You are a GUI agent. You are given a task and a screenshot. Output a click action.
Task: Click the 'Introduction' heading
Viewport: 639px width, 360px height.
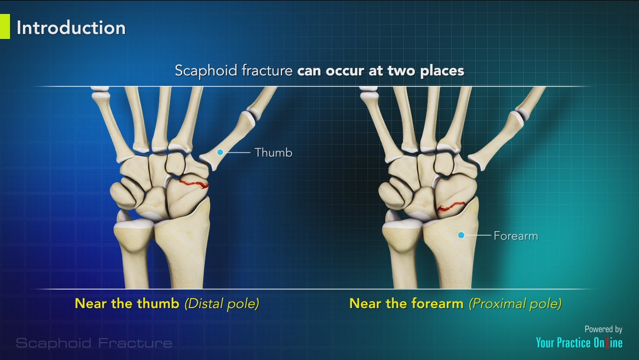[71, 27]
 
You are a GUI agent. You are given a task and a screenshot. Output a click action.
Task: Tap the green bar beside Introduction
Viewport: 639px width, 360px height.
[4, 26]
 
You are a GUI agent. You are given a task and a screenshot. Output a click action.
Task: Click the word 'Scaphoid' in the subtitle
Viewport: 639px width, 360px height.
[207, 70]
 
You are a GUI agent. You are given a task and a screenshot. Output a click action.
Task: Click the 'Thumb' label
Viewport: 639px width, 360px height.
[273, 152]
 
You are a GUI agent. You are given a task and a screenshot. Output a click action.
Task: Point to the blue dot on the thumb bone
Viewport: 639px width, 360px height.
[220, 152]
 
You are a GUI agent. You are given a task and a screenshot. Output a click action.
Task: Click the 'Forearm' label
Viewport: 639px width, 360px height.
[516, 235]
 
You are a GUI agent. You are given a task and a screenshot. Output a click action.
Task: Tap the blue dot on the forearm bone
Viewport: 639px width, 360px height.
[461, 235]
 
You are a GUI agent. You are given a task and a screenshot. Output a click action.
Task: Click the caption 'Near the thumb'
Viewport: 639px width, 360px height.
[127, 303]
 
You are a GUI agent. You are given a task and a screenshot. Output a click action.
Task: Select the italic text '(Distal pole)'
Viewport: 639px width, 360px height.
[222, 303]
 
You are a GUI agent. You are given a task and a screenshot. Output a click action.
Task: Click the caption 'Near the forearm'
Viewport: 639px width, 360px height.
[406, 303]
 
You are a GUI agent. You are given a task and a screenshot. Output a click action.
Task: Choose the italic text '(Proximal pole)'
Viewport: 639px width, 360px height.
[515, 303]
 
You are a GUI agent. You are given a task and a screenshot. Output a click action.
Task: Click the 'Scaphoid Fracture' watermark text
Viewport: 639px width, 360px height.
[94, 343]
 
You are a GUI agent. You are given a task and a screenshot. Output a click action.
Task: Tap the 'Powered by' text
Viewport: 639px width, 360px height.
[603, 329]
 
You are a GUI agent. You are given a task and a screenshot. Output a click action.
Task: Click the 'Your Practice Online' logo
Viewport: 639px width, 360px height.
[579, 343]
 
